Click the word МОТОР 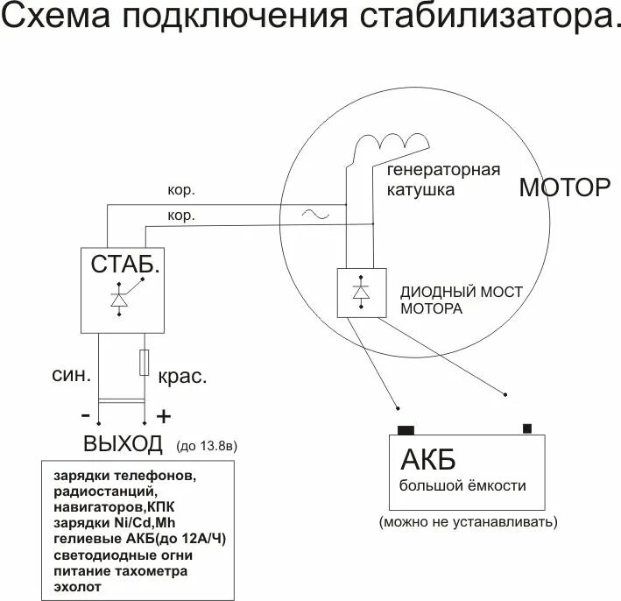(564, 187)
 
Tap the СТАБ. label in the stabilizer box (126, 263)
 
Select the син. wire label (72, 376)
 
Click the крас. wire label (182, 378)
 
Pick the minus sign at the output (85, 414)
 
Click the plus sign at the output (163, 414)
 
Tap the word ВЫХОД (123, 443)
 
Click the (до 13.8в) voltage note (207, 446)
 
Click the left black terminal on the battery (406, 429)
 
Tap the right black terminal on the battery (526, 428)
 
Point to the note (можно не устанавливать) (469, 522)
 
